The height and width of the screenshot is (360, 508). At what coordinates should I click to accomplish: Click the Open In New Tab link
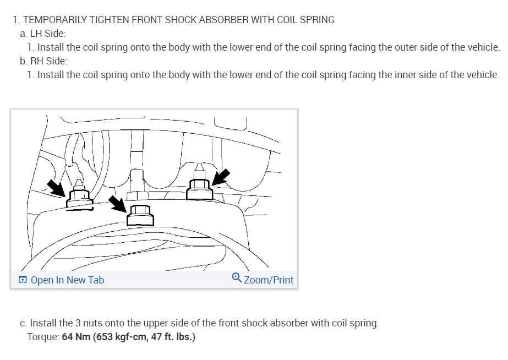pos(67,280)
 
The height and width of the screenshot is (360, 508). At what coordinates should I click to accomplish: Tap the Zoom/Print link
pos(269,280)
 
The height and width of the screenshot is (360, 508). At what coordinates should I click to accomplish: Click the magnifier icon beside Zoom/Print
pos(237,279)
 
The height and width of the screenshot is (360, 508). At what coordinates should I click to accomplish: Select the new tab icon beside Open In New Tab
pos(23,280)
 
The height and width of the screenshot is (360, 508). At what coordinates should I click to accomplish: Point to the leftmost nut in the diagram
pos(79,198)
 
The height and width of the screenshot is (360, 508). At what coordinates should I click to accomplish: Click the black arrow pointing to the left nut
pos(56,188)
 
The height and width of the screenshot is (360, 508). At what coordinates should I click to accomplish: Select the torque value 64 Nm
pos(77,336)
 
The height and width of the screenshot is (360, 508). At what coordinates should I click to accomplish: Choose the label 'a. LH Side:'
pos(43,34)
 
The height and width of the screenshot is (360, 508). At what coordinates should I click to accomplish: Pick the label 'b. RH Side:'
pos(43,61)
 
